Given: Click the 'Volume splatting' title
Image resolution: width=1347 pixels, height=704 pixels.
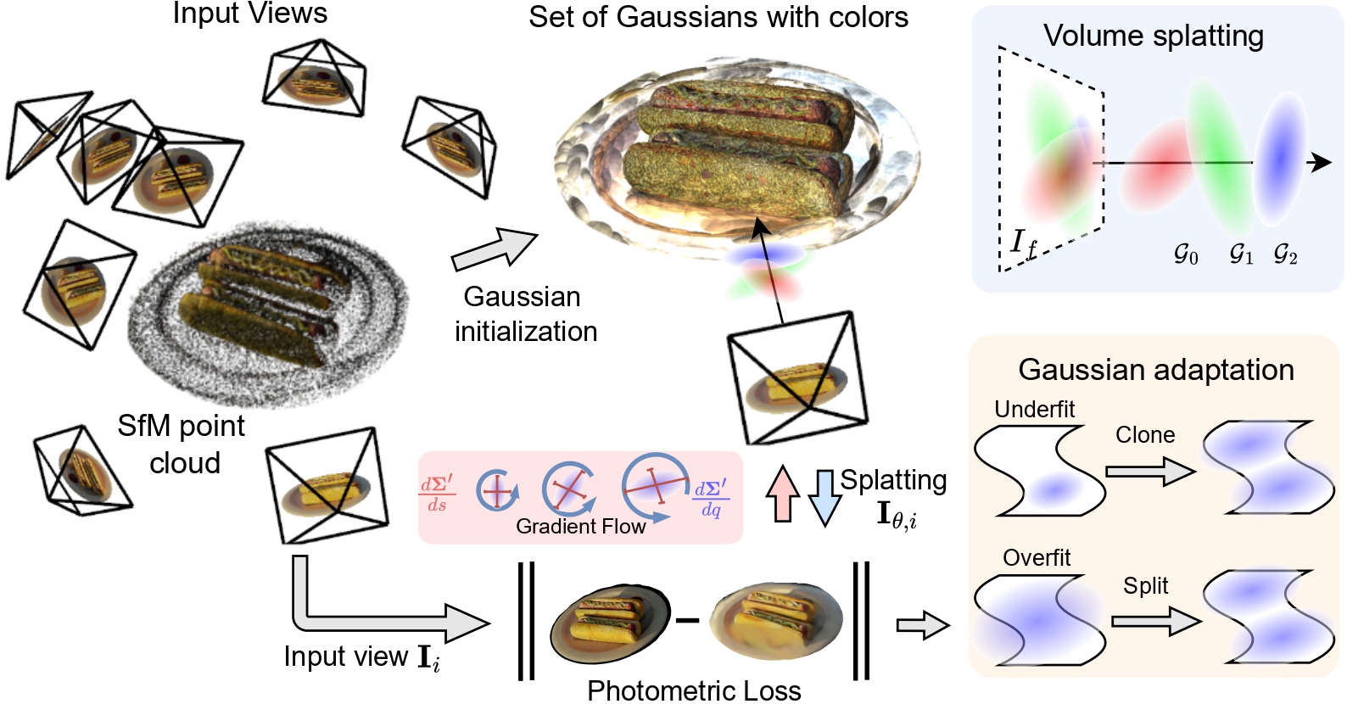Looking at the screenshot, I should (1153, 36).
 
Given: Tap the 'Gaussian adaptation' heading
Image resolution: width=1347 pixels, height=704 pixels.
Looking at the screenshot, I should (1155, 370).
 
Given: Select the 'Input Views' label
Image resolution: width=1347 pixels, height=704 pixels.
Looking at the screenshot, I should (250, 14).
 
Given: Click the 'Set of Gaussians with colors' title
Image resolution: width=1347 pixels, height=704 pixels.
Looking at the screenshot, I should (718, 17).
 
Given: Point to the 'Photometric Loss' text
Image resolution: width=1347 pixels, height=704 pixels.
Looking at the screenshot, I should (694, 690).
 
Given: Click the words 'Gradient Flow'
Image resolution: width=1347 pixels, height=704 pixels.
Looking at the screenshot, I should (581, 527).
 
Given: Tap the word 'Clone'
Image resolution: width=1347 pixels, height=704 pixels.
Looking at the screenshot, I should (1145, 435).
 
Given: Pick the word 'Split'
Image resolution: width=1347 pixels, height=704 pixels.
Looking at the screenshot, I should (1145, 586).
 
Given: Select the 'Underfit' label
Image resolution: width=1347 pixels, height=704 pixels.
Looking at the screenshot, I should (1034, 410).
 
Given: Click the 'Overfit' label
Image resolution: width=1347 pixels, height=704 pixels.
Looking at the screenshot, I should (1037, 558).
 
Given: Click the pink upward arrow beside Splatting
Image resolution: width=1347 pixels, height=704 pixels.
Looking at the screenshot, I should (783, 494).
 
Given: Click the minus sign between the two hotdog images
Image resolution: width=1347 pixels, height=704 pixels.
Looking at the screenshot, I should (687, 621).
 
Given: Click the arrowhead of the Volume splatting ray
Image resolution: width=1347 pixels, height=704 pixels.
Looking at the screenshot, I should (1320, 162).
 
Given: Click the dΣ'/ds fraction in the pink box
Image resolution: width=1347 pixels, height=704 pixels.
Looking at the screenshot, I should (437, 494).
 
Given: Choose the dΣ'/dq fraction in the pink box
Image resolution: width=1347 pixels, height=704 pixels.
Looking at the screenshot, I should (711, 499).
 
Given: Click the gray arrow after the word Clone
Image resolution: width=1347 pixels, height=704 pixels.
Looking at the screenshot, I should (1150, 471).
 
